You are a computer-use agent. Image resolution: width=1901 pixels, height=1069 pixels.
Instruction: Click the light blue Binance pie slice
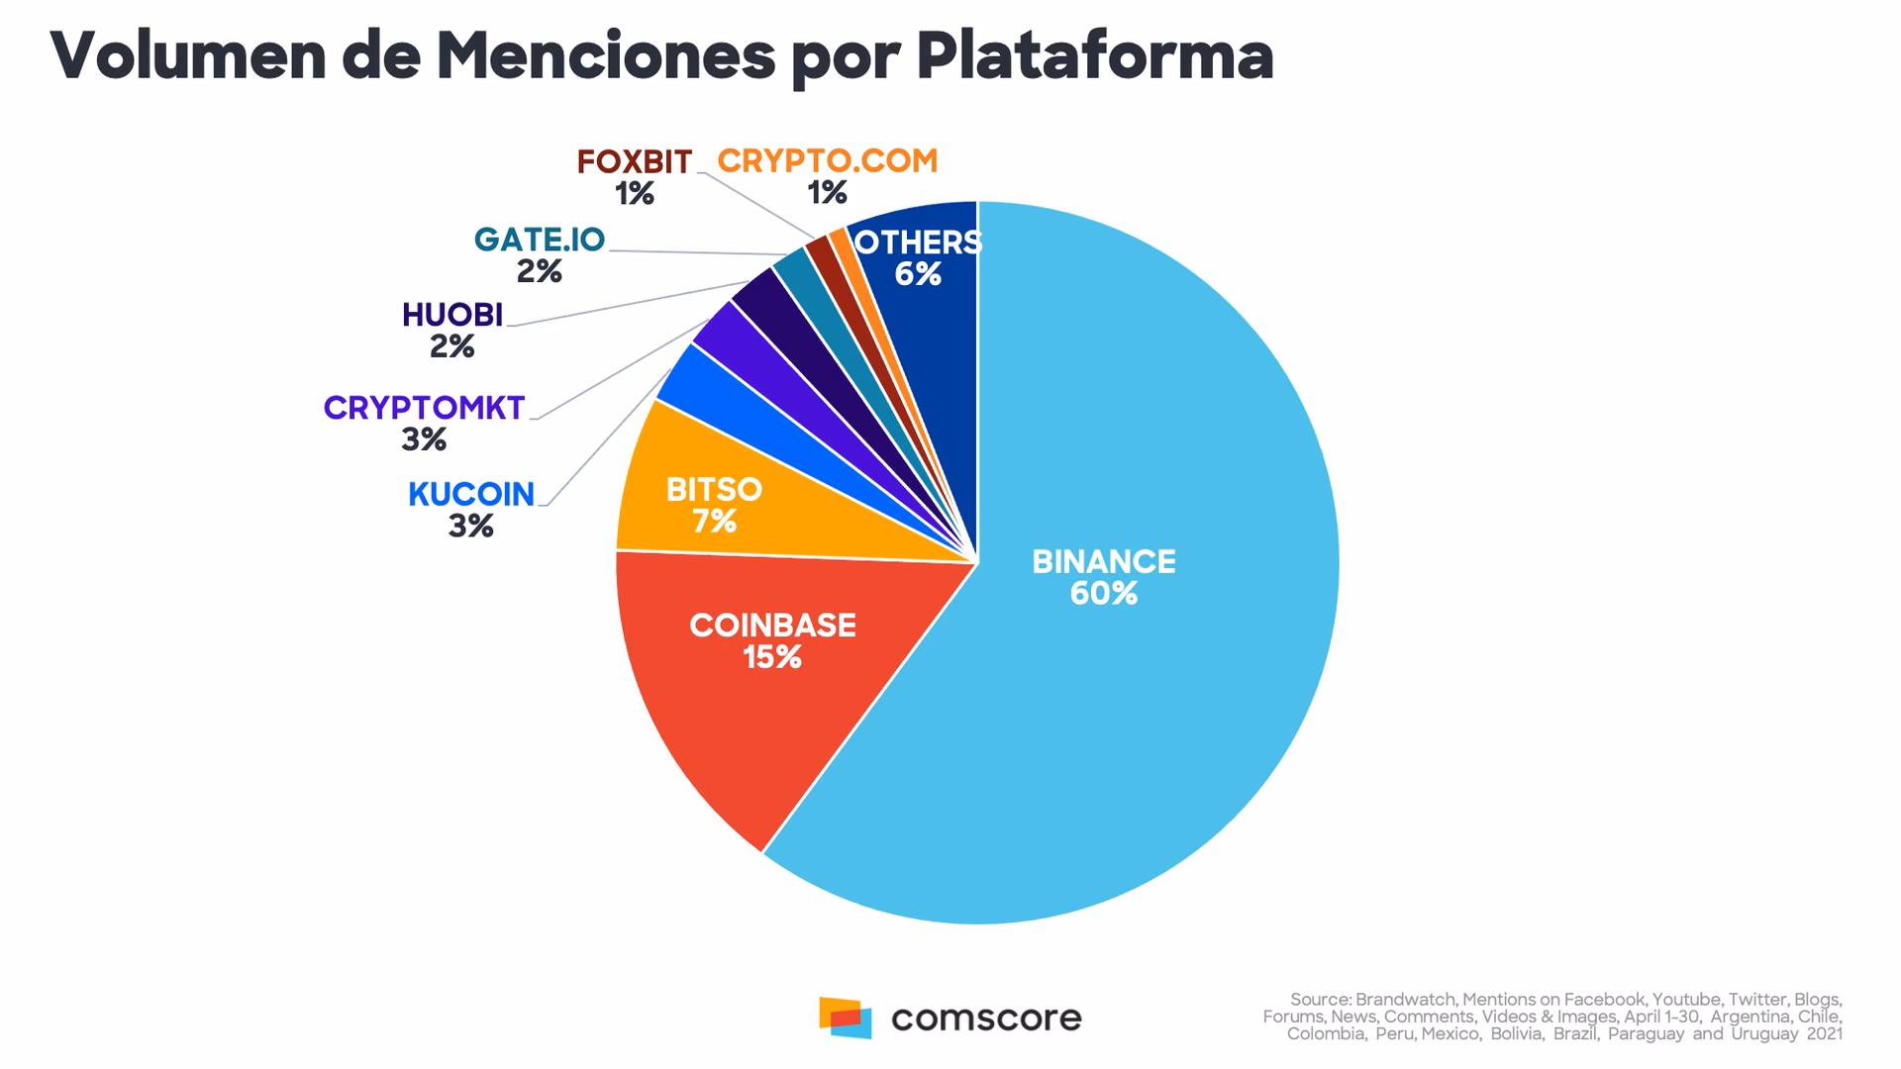pyautogui.click(x=1168, y=693)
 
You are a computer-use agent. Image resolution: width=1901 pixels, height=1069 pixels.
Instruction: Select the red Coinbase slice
pyautogui.click(x=752, y=713)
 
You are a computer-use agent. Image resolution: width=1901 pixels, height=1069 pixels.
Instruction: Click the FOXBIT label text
pyautogui.click(x=634, y=161)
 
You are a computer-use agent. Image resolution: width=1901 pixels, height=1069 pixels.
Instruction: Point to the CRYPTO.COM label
pyautogui.click(x=827, y=161)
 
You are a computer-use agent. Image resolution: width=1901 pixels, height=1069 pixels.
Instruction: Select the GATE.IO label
pyautogui.click(x=539, y=240)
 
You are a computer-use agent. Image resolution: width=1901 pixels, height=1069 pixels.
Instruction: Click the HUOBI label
pyautogui.click(x=452, y=315)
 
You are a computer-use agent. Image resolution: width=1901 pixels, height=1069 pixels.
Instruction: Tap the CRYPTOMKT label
pyautogui.click(x=424, y=408)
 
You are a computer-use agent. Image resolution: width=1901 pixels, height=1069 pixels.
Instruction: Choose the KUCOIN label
pyautogui.click(x=471, y=494)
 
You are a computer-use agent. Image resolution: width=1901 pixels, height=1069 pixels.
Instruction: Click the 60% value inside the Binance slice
pyautogui.click(x=1103, y=594)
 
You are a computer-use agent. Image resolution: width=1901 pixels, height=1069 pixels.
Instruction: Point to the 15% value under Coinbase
pyautogui.click(x=772, y=657)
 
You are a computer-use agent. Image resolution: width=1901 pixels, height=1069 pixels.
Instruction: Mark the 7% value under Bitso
pyautogui.click(x=714, y=522)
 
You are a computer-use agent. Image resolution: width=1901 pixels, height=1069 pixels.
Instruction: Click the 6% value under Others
pyautogui.click(x=918, y=274)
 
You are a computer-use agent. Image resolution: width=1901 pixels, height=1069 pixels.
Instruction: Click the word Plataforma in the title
pyautogui.click(x=1094, y=56)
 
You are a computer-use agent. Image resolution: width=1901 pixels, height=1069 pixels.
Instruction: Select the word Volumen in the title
pyautogui.click(x=188, y=56)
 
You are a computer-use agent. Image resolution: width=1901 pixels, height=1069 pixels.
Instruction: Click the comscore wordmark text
pyautogui.click(x=986, y=1018)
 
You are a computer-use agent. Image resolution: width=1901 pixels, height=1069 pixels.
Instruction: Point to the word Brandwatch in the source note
pyautogui.click(x=1405, y=1000)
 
